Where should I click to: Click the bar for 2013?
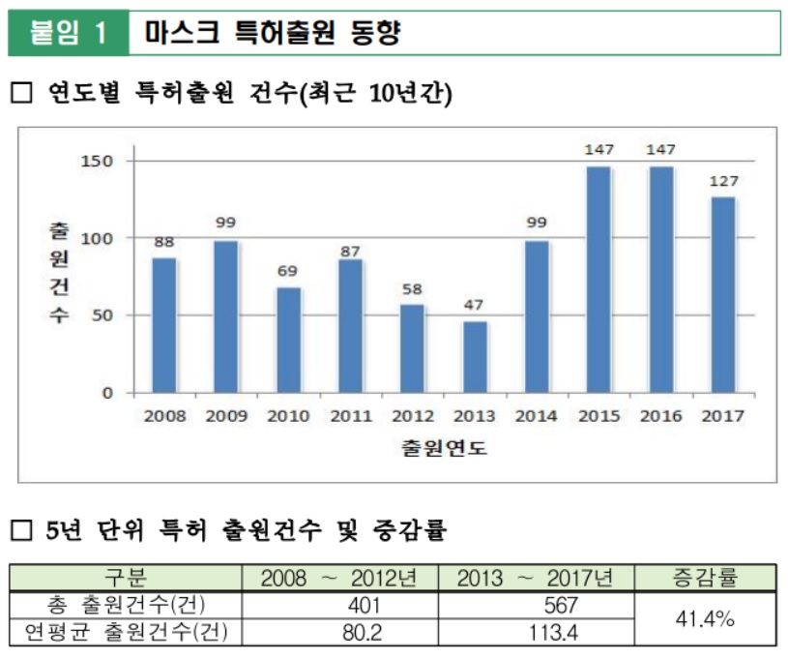coord(474,357)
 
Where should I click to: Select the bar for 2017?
coord(722,295)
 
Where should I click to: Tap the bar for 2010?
coord(288,340)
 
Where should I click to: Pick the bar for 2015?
coord(598,280)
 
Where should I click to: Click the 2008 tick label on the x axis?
coord(164,416)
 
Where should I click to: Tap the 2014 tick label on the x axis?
coord(536,416)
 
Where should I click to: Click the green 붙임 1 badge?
coord(68,33)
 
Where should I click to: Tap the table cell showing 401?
coord(337,606)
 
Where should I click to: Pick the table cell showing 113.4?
coord(534,632)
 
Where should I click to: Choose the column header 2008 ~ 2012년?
coord(337,579)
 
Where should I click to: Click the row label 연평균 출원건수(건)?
coord(125,632)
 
